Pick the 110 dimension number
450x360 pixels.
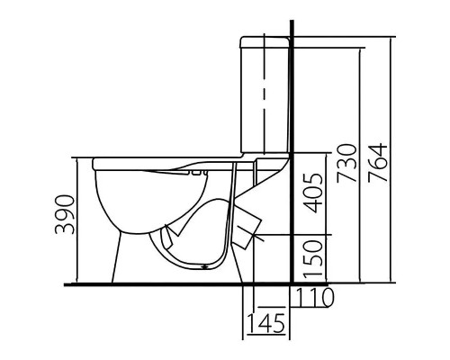tap(315, 296)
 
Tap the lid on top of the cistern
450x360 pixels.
tap(265, 41)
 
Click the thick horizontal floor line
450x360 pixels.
tap(180, 285)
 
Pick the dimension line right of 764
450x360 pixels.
tap(394, 162)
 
